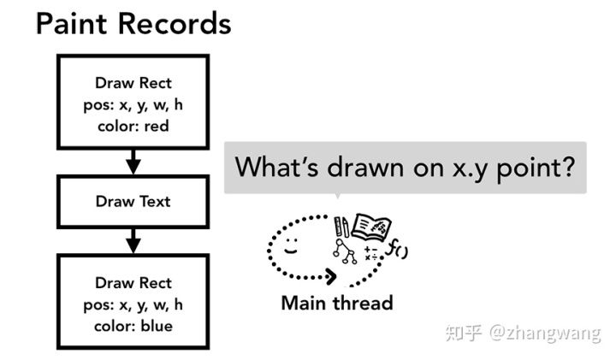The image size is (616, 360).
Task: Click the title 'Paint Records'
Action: tap(133, 23)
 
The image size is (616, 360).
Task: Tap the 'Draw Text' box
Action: tap(133, 202)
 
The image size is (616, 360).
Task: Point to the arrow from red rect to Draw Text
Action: tap(133, 160)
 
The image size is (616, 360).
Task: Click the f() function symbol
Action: tap(398, 250)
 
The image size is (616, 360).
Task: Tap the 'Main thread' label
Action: tap(337, 303)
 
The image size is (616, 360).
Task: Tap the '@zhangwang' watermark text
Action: tap(545, 333)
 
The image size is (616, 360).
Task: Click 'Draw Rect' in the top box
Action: tap(133, 83)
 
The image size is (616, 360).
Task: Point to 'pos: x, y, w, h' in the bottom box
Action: tap(133, 304)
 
